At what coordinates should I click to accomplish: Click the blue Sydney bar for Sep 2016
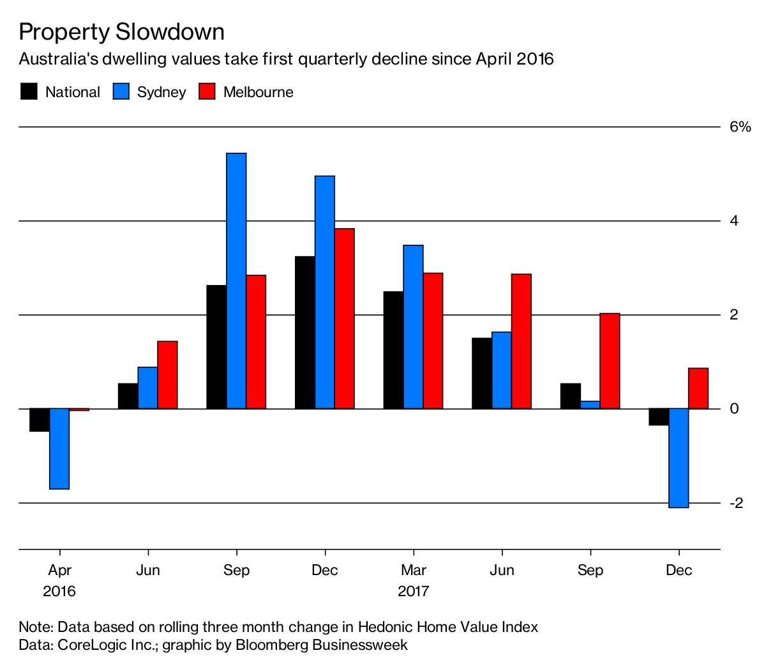[236, 281]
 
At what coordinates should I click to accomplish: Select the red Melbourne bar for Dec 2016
[344, 318]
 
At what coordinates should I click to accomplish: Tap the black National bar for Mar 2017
[393, 350]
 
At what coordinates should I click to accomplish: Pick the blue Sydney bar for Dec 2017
[679, 458]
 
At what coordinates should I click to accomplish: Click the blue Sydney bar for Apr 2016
[59, 449]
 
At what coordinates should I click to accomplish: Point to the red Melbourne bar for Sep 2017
[610, 361]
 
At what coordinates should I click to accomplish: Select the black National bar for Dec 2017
[659, 417]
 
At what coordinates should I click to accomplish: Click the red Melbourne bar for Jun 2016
[167, 375]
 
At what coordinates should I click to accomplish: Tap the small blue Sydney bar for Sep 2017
[590, 405]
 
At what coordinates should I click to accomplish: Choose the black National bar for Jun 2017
[482, 373]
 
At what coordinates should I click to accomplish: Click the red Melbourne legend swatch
[207, 92]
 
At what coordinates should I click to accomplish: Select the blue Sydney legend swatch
[121, 92]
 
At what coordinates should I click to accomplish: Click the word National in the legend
[72, 92]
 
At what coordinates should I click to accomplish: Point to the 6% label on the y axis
[740, 127]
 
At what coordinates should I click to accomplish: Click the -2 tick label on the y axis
[736, 503]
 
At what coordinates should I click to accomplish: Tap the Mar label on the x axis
[414, 570]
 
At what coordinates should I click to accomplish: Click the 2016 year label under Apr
[59, 591]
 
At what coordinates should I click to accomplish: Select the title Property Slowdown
[121, 32]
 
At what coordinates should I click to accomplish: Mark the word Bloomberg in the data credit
[271, 645]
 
